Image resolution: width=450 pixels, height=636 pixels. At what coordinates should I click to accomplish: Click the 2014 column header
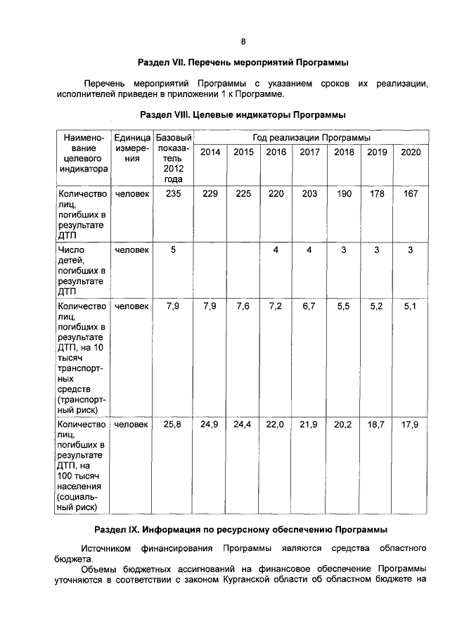(210, 152)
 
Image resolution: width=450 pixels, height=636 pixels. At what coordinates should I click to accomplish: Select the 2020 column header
(411, 152)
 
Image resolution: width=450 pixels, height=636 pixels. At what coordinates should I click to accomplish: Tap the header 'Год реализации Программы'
(312, 137)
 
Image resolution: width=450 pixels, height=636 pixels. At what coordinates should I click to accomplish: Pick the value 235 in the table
(173, 194)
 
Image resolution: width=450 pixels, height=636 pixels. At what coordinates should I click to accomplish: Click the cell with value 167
(411, 194)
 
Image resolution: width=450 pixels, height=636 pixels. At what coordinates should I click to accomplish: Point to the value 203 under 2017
(309, 194)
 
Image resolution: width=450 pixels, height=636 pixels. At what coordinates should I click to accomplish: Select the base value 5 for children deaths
(173, 250)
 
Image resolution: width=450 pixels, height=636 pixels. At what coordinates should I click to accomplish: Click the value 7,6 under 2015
(243, 306)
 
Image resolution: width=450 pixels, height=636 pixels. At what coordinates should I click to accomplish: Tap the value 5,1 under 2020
(411, 306)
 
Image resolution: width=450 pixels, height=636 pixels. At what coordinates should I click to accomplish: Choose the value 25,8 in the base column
(173, 424)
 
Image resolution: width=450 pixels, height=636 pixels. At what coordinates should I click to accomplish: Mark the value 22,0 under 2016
(276, 424)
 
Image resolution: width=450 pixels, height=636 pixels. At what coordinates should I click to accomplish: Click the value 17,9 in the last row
(411, 424)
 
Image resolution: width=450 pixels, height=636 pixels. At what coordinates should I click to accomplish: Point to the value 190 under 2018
(344, 194)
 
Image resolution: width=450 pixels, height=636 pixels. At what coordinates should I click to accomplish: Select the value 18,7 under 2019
(377, 424)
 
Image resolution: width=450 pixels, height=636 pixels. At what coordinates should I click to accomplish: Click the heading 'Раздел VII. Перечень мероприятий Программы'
(243, 63)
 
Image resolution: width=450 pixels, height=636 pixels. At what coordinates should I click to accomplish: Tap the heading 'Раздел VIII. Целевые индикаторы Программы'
(243, 114)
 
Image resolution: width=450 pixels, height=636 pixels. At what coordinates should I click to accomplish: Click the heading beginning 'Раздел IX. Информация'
(243, 528)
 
